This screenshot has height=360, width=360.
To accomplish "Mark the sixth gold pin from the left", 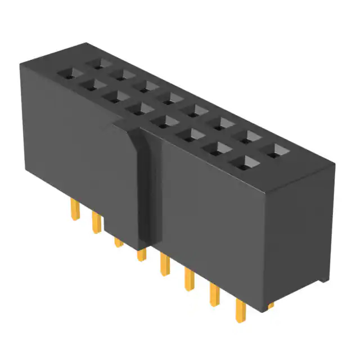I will [x=188, y=280].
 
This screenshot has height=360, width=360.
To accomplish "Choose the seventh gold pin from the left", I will [x=214, y=294].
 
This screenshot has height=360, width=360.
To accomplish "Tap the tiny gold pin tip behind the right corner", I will [x=271, y=305].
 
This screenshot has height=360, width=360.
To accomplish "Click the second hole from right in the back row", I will [x=249, y=137].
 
